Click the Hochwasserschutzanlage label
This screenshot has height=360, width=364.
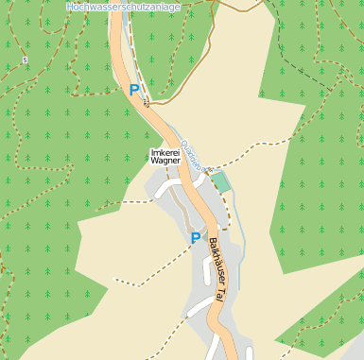(123, 7)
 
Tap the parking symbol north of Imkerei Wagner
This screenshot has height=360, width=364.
(134, 90)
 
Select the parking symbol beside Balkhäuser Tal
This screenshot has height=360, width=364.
(196, 238)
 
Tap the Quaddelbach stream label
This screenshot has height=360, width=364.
(192, 155)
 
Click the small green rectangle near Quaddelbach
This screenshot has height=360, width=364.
(219, 180)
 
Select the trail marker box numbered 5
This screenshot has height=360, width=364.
(25, 60)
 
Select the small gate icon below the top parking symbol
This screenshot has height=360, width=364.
(147, 105)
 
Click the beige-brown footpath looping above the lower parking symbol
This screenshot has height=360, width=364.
(194, 213)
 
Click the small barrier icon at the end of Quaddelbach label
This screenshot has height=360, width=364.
(209, 169)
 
